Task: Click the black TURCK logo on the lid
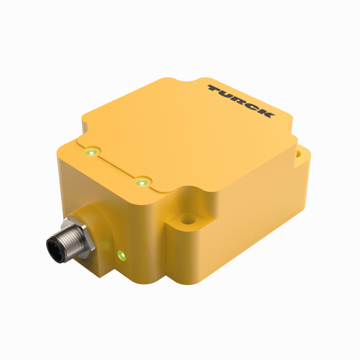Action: [x=241, y=101]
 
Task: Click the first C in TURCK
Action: [x=252, y=106]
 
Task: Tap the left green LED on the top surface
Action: [x=92, y=152]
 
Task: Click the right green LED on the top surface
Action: [x=141, y=182]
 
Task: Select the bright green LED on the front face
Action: [x=121, y=254]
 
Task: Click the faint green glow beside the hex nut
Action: [x=104, y=246]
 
